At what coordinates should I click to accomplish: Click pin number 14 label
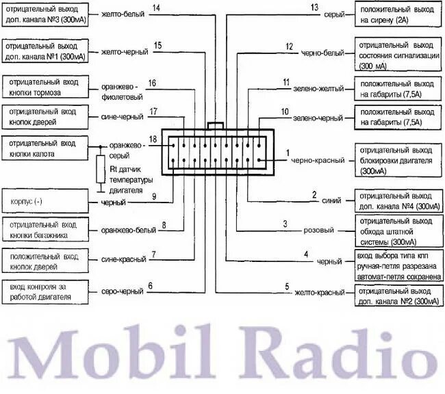point(156,8)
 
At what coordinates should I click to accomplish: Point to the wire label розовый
point(318,231)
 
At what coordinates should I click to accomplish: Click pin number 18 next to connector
point(153,139)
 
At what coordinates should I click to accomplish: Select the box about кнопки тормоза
point(45,87)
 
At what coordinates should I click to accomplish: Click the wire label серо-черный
point(123,292)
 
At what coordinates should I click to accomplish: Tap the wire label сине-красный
point(122,260)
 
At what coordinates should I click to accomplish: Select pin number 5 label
point(287,286)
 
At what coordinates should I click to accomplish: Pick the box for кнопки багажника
point(45,231)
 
